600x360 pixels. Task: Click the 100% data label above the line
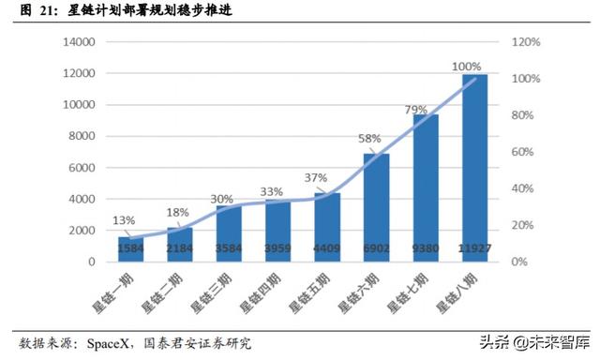click(x=466, y=67)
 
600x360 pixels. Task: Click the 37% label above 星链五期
click(x=315, y=178)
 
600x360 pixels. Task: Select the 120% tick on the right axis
click(x=526, y=43)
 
